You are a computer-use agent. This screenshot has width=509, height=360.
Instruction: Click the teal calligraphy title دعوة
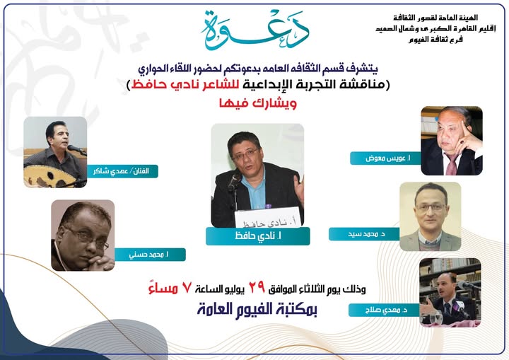(255, 30)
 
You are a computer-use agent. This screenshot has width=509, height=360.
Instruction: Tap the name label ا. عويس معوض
(386, 158)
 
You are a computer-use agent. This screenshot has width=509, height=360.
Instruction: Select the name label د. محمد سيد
(364, 234)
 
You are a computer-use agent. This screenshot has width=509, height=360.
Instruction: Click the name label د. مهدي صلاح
(384, 310)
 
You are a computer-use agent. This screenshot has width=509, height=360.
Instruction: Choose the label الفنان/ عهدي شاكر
(123, 171)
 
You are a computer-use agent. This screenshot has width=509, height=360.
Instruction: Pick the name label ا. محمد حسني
(150, 255)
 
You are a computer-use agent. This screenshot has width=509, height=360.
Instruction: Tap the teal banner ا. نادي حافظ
(258, 236)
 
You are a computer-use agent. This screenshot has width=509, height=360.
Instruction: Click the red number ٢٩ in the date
(257, 287)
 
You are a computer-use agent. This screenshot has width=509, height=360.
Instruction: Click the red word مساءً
(163, 288)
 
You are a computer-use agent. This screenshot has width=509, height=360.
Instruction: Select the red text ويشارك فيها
(258, 104)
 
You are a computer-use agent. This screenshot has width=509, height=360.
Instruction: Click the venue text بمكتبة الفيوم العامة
(257, 309)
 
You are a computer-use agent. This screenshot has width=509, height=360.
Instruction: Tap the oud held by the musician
(49, 176)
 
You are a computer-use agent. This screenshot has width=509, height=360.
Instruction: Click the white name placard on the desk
(267, 218)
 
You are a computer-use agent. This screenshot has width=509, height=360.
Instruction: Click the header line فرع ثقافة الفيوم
(435, 40)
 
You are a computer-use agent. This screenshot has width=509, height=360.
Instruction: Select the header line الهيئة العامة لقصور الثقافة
(435, 18)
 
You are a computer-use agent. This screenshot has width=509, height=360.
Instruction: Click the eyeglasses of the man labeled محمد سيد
(431, 207)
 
